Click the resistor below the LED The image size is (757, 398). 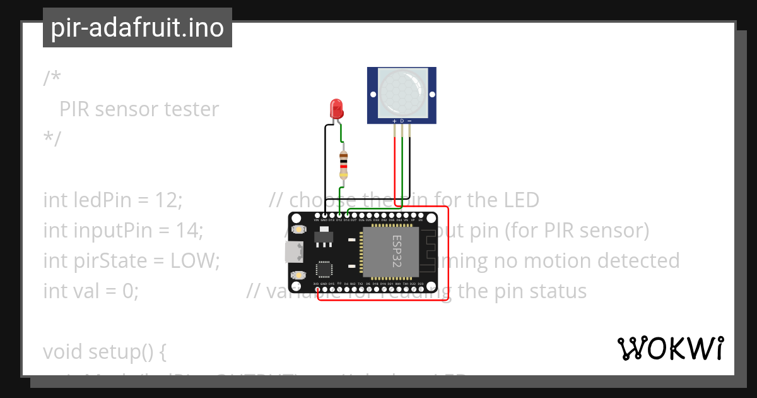[x=343, y=165]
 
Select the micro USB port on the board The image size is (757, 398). [x=292, y=252]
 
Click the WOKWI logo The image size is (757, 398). [x=670, y=348]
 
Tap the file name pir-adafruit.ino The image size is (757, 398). [x=137, y=28]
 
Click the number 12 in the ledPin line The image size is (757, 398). [x=167, y=200]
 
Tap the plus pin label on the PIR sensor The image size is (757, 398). [x=395, y=121]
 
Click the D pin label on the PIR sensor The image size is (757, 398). [x=402, y=121]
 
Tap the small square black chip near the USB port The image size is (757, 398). [x=324, y=269]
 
